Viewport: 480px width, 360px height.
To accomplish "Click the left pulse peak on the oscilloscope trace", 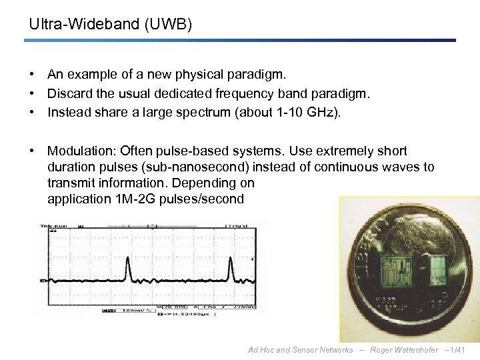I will pos(128,267).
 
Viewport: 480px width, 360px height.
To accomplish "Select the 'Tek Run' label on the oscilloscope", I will pos(54,227).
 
